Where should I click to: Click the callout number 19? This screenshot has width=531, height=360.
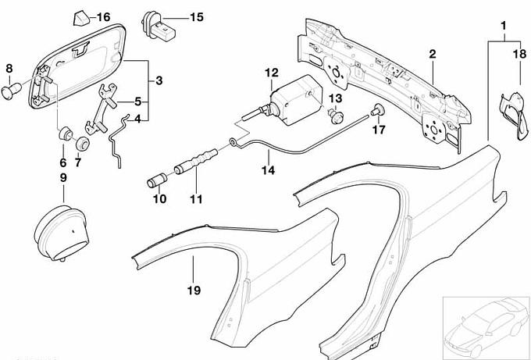(193, 290)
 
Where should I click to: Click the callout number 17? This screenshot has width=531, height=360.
(379, 130)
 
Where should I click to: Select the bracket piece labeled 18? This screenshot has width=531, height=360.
(508, 113)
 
